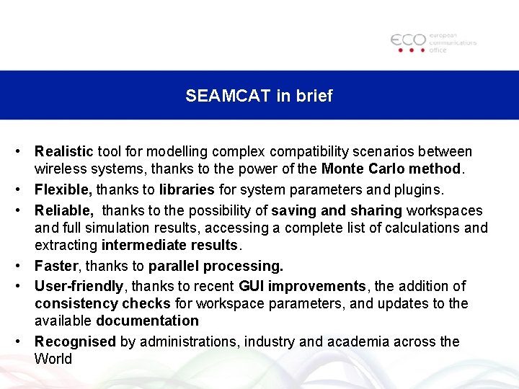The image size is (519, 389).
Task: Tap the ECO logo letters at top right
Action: coord(408,40)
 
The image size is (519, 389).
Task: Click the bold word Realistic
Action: coord(64,152)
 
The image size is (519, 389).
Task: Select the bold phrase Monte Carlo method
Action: coord(391,169)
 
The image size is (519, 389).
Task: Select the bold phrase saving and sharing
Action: coord(337,210)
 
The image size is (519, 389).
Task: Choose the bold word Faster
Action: coord(55,266)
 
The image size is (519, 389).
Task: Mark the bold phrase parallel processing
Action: coord(216,266)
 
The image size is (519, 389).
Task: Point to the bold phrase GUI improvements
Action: coord(302,286)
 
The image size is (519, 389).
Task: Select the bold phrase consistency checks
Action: coord(102,303)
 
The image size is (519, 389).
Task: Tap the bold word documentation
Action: coord(147,321)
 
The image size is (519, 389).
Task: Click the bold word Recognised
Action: coord(75,341)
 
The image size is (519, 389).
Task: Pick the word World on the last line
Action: coord(53,359)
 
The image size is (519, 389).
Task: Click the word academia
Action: coord(358,341)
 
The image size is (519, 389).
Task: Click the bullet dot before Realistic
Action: coord(23,152)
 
